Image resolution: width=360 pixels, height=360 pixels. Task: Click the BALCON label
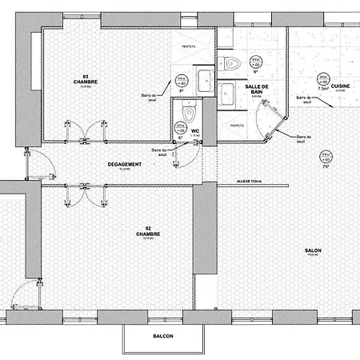(x=162, y=336)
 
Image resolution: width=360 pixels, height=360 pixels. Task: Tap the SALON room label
(x=313, y=251)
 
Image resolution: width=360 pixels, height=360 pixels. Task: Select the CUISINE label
(x=340, y=84)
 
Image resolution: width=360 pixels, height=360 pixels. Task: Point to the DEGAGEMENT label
(x=124, y=165)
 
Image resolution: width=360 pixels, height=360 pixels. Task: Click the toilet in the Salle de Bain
(x=230, y=65)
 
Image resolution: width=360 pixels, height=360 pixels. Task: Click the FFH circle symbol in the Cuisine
(x=324, y=79)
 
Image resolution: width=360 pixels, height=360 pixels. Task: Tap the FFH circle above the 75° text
(x=325, y=156)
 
